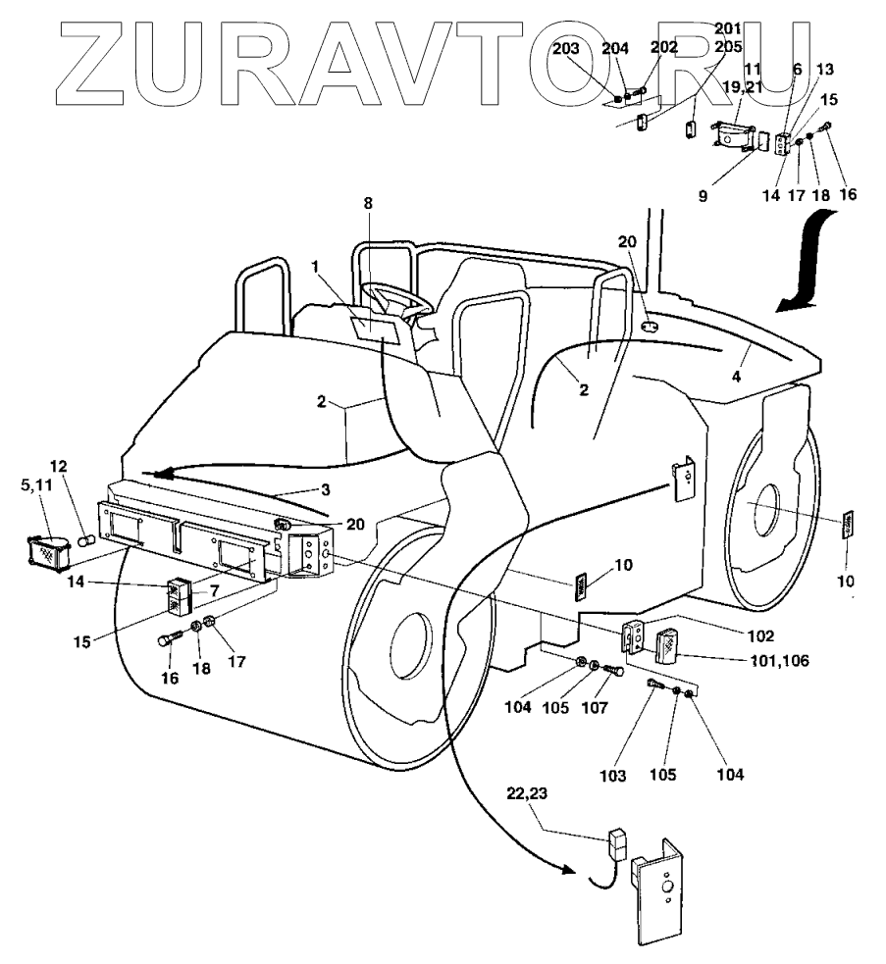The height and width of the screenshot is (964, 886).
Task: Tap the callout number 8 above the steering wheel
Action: click(368, 204)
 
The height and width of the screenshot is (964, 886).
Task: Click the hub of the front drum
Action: click(410, 649)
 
